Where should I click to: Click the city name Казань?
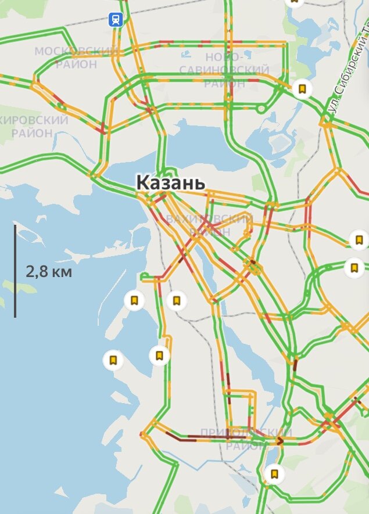[171, 182]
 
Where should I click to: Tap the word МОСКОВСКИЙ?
[76, 51]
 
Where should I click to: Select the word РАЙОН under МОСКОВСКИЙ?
[76, 64]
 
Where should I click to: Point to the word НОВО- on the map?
[224, 57]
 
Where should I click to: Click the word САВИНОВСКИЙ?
[224, 70]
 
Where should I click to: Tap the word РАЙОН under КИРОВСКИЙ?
[32, 133]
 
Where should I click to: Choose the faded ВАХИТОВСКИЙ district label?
[209, 219]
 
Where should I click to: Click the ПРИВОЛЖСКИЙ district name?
[245, 433]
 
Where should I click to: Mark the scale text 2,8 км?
[49, 271]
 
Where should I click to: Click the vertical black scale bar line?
[15, 271]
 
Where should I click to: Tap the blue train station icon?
[116, 20]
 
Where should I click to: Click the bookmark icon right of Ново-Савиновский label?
[302, 89]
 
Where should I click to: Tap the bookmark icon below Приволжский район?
[274, 474]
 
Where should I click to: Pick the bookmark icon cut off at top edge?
[294, 2]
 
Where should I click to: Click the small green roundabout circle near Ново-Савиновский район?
[261, 108]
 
